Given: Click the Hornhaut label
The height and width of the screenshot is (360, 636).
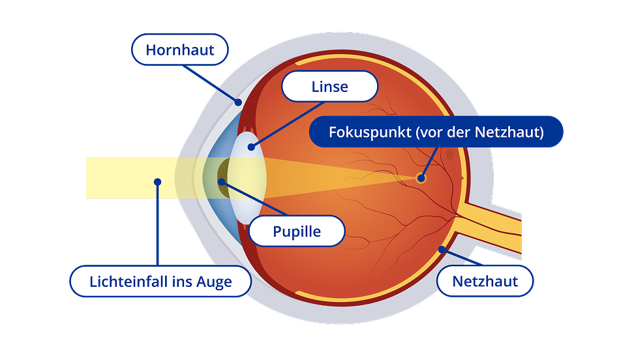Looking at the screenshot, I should tap(180, 50).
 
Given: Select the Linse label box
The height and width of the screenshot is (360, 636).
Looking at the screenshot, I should tap(330, 87).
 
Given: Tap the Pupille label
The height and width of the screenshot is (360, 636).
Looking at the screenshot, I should tap(297, 232).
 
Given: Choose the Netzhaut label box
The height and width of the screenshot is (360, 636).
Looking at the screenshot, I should tap(485, 282).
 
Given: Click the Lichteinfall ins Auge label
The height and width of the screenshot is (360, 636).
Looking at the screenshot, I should tap(160, 282).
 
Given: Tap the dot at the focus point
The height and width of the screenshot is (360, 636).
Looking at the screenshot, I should tap(421, 177).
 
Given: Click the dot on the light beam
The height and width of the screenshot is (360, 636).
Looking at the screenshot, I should tap(157, 182).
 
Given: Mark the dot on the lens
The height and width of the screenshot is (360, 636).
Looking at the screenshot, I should tap(251, 147).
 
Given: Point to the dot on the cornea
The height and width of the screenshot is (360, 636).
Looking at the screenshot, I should tap(239, 102).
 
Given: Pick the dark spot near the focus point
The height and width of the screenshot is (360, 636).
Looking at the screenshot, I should tap(449, 155).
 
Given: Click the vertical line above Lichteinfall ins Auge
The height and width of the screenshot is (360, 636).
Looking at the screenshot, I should tap(157, 225).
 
